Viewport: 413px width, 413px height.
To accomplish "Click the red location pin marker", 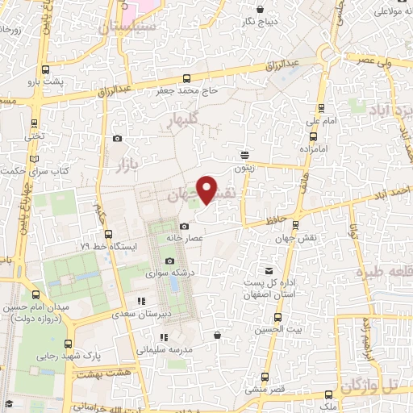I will point(207,190).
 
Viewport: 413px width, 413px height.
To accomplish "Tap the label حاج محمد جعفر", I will point(188,92).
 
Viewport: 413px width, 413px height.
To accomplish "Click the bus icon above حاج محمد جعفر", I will point(188,78).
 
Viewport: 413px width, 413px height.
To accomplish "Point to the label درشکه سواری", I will point(169,274).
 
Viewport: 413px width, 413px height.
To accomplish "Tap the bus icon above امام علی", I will point(321,106).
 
